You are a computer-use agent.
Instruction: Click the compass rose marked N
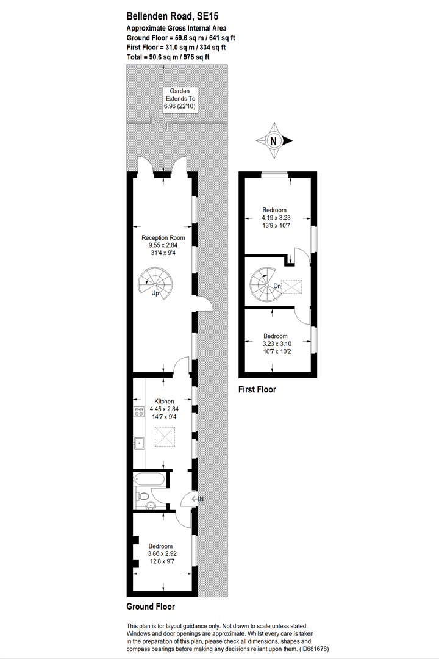[x=274, y=141]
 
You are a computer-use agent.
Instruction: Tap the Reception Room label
[x=163, y=237]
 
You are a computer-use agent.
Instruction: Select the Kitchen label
[x=164, y=402]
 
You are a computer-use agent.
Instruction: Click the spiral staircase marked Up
[x=155, y=283]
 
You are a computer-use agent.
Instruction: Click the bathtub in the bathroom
[x=150, y=479]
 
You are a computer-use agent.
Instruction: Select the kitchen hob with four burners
[x=139, y=411]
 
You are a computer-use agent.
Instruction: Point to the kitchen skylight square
[x=165, y=437]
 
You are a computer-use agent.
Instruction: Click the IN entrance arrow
[x=197, y=499]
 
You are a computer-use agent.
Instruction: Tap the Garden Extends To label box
[x=180, y=99]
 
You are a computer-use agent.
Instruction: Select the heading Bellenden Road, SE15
[x=173, y=16]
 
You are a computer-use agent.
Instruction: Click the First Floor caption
[x=257, y=389]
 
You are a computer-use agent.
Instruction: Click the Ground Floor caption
[x=151, y=607]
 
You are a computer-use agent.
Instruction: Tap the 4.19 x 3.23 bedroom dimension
[x=276, y=218]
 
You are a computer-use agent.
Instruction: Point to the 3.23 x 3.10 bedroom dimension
[x=276, y=344]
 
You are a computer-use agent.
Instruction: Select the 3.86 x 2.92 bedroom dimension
[x=162, y=554]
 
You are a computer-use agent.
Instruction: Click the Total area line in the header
[x=168, y=57]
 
